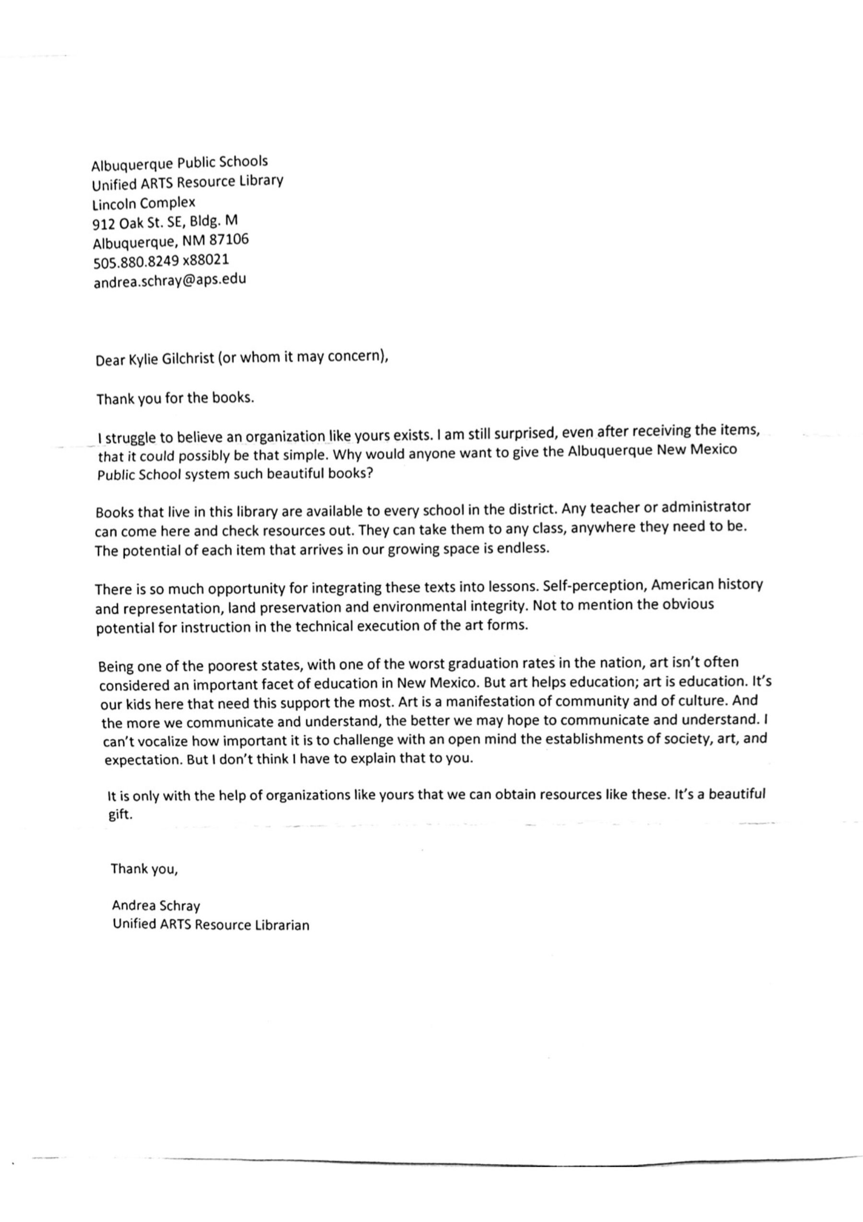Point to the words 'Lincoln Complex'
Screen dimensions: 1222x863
144,203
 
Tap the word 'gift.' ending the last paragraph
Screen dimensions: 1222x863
120,815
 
